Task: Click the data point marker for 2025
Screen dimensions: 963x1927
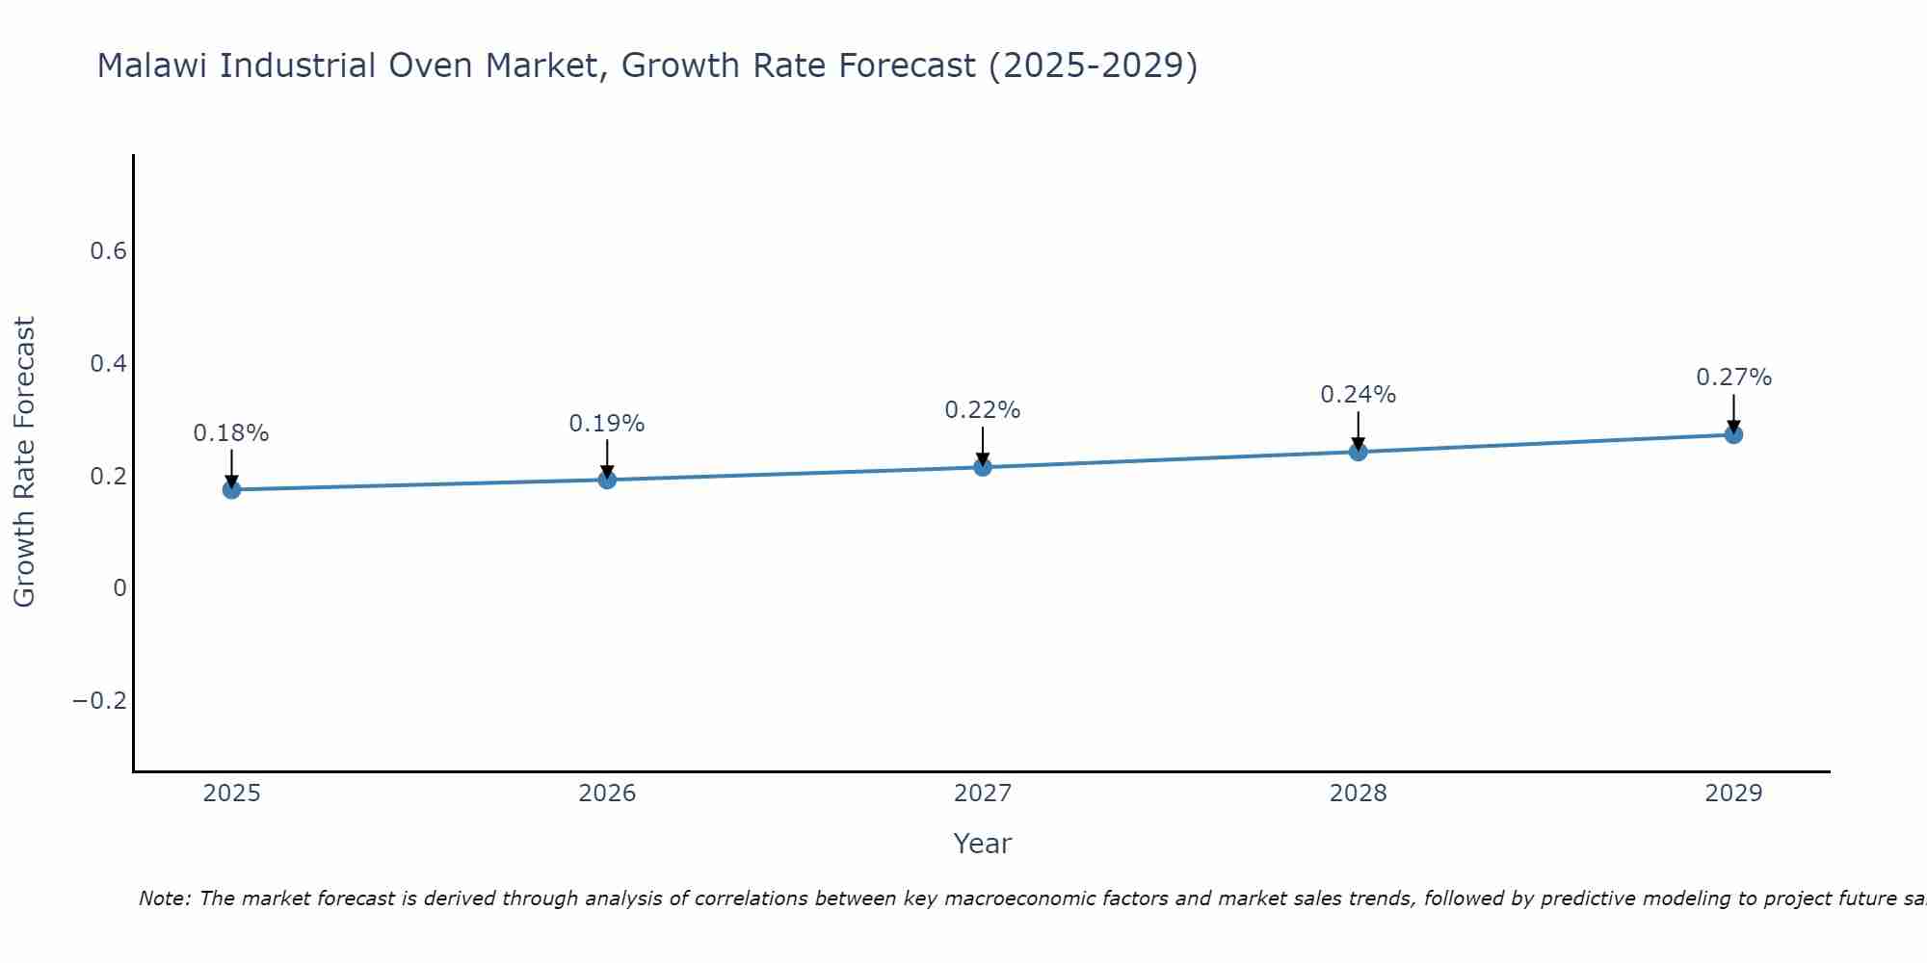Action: [231, 489]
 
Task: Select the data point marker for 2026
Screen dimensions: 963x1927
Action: [607, 480]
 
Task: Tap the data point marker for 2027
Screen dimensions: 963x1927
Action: [983, 467]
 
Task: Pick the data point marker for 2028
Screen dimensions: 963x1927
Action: [1359, 452]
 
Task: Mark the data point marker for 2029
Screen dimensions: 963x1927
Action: [1733, 434]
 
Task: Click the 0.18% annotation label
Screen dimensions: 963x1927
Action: [231, 433]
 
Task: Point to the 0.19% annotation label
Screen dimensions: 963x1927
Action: [607, 424]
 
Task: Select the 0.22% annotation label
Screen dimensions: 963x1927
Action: [983, 410]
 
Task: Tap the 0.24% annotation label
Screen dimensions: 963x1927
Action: [1359, 395]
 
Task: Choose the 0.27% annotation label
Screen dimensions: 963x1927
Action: [1733, 377]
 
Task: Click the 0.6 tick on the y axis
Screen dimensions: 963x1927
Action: [108, 251]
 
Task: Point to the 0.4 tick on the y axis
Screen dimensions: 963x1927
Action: [108, 364]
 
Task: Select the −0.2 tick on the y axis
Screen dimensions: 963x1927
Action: [100, 700]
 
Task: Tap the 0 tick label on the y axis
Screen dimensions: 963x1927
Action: [119, 588]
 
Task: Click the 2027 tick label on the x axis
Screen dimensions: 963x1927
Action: [983, 794]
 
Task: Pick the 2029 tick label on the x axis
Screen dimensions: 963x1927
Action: [1733, 794]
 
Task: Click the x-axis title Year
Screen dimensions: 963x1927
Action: [983, 844]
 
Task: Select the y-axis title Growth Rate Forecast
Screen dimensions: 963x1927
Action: [24, 462]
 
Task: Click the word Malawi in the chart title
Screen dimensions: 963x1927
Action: [153, 66]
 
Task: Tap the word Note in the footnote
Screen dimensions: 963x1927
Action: [164, 898]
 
